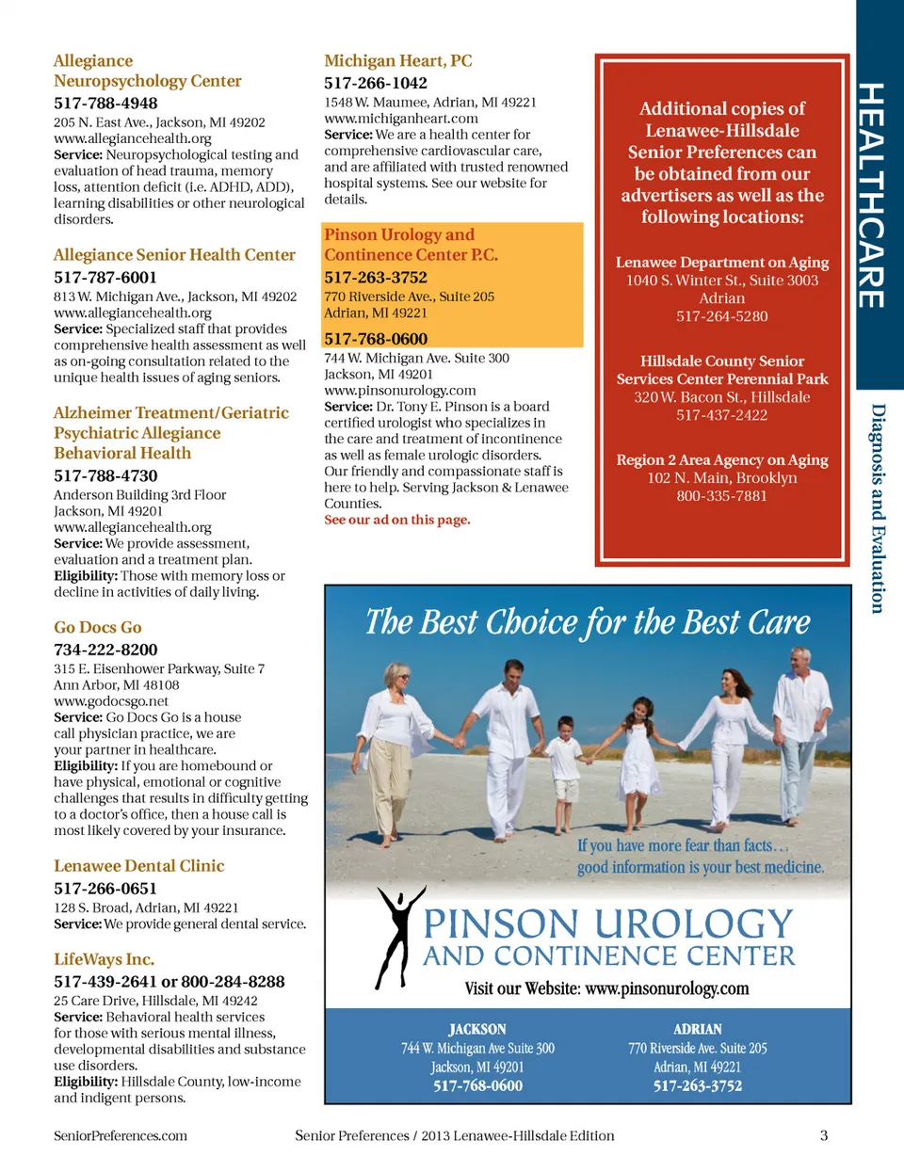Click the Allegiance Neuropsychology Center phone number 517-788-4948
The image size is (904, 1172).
click(x=105, y=104)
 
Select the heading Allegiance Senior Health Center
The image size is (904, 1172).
click(x=174, y=255)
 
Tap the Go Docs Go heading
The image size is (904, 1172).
click(x=97, y=627)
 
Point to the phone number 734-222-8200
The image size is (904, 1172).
click(x=105, y=650)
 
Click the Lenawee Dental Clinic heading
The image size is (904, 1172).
click(x=138, y=866)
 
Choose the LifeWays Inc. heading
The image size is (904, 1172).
click(x=104, y=959)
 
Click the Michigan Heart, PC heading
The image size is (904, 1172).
click(x=398, y=61)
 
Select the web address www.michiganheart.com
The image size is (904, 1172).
click(x=401, y=119)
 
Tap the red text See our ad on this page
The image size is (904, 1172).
click(x=397, y=520)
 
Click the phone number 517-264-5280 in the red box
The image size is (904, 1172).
click(x=722, y=316)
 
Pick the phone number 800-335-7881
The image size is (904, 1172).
click(x=722, y=496)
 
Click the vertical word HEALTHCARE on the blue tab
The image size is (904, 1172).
click(x=871, y=195)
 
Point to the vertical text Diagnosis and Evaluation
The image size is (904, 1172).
click(x=878, y=508)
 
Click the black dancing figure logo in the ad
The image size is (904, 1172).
click(x=399, y=937)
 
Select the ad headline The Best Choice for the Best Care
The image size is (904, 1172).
click(x=588, y=622)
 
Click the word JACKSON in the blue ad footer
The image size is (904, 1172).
click(x=477, y=1029)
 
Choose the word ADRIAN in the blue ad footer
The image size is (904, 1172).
click(x=698, y=1029)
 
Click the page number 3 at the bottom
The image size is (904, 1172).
click(x=824, y=1135)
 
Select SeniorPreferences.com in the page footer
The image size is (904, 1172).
click(x=121, y=1135)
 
